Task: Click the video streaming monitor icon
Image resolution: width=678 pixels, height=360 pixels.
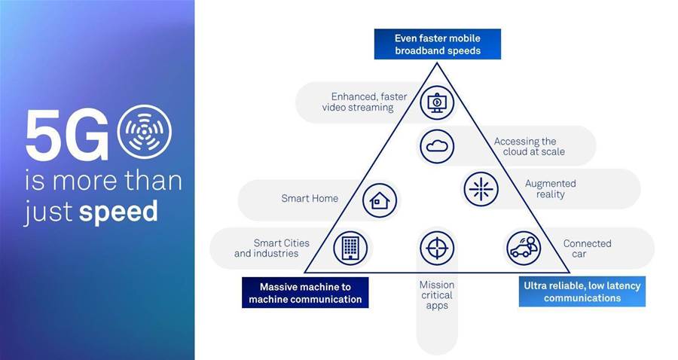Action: coord(437,103)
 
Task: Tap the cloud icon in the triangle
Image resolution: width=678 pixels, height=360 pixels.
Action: coord(437,147)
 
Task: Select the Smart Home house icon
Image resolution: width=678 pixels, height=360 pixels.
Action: coord(380,200)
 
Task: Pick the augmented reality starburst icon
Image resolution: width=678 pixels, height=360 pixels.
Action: coord(481,189)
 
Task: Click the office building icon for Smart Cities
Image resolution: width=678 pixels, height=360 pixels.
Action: coord(350,248)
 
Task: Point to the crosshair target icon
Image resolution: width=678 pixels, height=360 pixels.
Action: coord(437,248)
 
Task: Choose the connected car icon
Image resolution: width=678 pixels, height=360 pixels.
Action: coord(524,249)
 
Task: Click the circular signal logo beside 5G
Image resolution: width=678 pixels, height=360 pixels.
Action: coord(145,131)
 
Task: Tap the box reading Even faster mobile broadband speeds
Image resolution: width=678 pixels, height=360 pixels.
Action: coord(438,44)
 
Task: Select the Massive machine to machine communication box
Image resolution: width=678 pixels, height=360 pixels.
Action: coord(305,292)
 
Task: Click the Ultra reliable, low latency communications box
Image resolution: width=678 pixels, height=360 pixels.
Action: coord(582,291)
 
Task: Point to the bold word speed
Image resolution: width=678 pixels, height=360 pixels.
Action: coord(118,212)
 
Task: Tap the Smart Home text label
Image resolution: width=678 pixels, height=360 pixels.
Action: coord(310,198)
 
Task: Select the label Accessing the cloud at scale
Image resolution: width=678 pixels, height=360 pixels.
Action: coord(530,147)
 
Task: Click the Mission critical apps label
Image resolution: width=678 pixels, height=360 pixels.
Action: coord(437,295)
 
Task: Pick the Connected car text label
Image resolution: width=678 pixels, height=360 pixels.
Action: coord(587,249)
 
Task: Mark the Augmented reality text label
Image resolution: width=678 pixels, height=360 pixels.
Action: coord(551,189)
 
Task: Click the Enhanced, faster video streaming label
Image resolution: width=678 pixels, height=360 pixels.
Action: coord(365,102)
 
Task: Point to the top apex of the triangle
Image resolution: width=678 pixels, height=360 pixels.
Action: coord(437,63)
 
